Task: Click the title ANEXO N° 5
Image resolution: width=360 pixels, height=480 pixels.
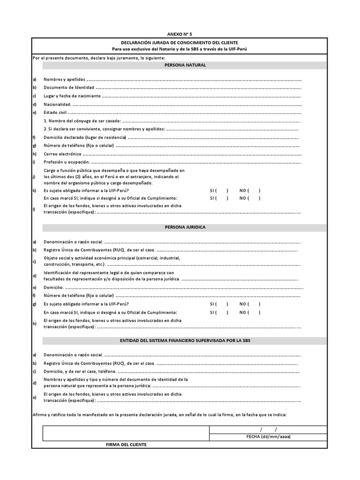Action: click(180, 34)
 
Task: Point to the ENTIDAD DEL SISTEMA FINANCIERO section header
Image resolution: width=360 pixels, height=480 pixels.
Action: click(185, 340)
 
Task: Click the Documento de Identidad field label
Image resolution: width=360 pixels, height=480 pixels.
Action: click(69, 87)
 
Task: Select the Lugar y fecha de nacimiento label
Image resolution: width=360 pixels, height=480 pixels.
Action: click(72, 96)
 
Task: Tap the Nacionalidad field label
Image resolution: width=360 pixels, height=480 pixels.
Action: click(58, 104)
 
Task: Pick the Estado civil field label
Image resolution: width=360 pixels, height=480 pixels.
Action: click(55, 112)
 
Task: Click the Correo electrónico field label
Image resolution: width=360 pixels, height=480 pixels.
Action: click(62, 154)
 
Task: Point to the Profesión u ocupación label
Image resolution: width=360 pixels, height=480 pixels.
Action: click(66, 162)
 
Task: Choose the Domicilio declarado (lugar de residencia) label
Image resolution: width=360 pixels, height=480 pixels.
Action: click(85, 137)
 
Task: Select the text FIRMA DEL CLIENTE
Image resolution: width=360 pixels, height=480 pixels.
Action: click(126, 444)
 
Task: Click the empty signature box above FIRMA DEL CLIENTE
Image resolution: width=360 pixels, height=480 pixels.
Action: click(126, 433)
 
